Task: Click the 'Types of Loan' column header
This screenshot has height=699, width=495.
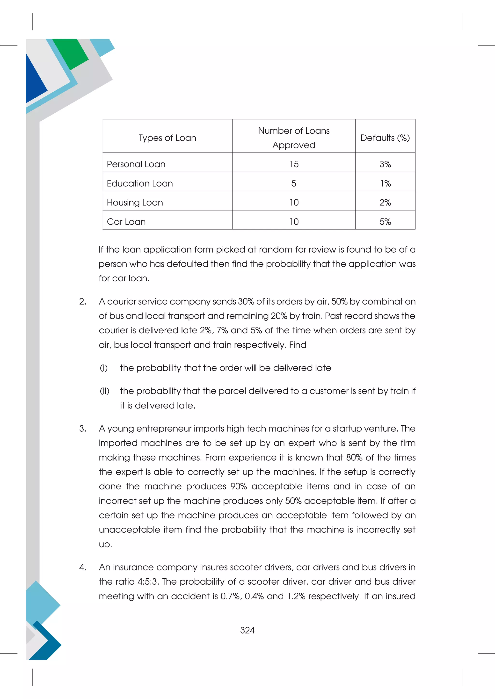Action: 167,138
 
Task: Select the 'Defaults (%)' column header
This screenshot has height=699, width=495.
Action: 385,138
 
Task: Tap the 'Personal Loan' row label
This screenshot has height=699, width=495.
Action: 136,164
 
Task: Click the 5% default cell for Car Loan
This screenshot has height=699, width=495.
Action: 385,222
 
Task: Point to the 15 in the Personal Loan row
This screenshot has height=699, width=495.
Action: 294,164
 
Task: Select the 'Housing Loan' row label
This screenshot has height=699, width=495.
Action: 135,203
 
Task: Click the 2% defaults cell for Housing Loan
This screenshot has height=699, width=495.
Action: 385,203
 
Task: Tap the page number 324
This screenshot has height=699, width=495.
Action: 247,630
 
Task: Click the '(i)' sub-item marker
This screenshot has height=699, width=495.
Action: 104,368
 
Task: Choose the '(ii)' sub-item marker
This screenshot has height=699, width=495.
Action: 105,391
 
